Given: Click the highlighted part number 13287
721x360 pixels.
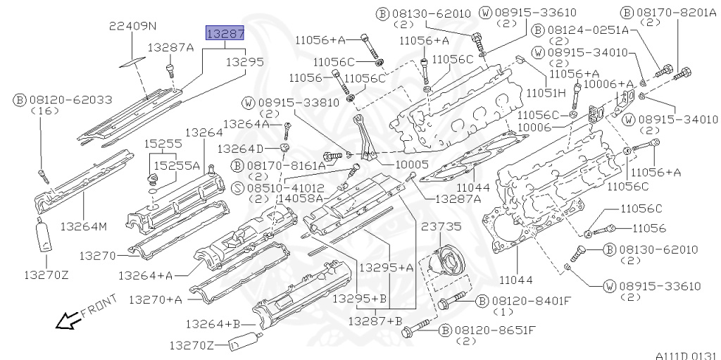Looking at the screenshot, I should pyautogui.click(x=225, y=34).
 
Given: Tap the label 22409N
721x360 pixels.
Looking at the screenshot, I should pyautogui.click(x=132, y=26).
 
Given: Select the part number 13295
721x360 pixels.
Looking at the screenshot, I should pyautogui.click(x=244, y=62).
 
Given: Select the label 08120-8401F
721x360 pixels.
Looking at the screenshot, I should pyautogui.click(x=529, y=301).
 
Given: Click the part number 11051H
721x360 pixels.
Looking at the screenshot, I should pyautogui.click(x=546, y=92).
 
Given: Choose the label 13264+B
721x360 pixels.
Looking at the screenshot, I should pyautogui.click(x=213, y=323).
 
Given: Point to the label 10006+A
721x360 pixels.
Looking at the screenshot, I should pyautogui.click(x=608, y=84).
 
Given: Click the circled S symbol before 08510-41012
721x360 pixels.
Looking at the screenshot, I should pyautogui.click(x=238, y=188).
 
